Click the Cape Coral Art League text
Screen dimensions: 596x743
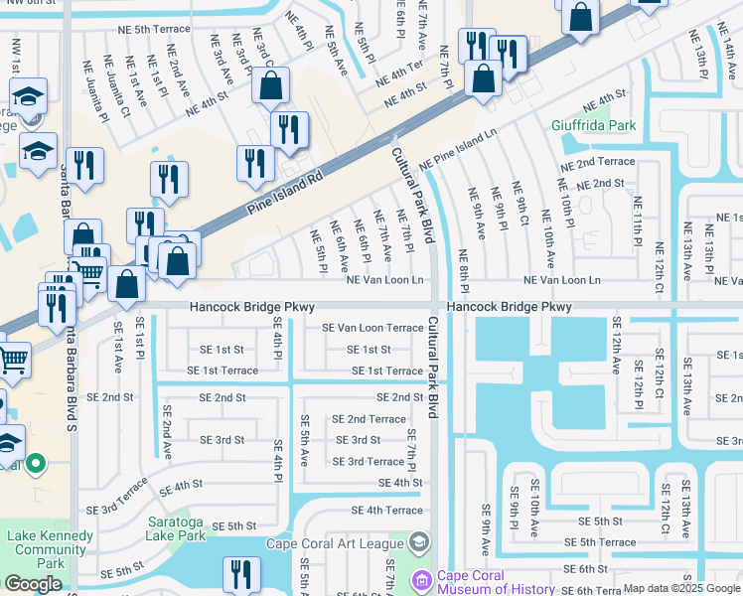point(334,542)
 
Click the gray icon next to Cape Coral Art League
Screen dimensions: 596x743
point(418,541)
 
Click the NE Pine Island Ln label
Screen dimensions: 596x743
point(458,149)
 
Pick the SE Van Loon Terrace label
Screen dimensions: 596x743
point(371,328)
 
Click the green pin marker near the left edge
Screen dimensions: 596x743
point(36,463)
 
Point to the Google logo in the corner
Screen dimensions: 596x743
point(33,584)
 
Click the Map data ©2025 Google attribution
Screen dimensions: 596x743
point(680,588)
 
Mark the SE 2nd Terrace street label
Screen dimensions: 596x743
point(368,419)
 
